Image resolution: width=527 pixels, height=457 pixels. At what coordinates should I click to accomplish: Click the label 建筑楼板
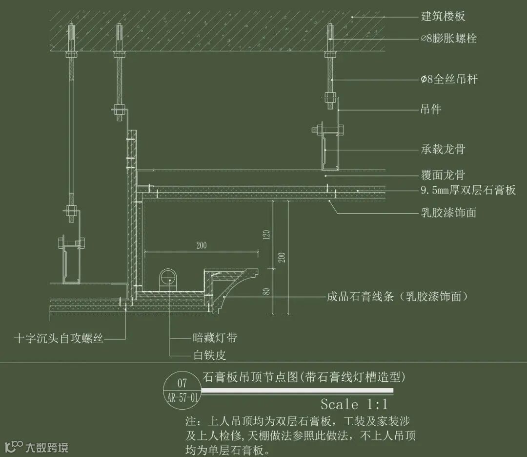pos(443,16)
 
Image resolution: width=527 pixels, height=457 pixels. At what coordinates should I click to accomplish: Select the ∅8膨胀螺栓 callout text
pos(448,38)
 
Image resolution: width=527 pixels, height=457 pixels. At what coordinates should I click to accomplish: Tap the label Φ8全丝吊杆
pos(448,79)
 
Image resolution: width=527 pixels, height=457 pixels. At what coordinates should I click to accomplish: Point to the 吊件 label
pos(431,109)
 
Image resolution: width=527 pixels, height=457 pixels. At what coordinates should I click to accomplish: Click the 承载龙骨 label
pos(443,149)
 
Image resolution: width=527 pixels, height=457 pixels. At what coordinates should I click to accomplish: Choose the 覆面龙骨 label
pos(443,174)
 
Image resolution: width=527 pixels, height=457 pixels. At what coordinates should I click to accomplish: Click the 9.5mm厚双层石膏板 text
pos(468,190)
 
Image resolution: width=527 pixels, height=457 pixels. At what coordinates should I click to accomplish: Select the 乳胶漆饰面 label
pos(448,212)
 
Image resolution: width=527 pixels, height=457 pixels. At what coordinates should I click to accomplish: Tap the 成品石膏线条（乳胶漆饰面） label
pos(397,296)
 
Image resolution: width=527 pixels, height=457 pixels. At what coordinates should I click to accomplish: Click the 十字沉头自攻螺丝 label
pos(59,338)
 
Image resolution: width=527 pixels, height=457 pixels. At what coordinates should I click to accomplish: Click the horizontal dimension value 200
pos(201,246)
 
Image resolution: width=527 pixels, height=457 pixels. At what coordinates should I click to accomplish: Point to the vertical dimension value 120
pos(266,236)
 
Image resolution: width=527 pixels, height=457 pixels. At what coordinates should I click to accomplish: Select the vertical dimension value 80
pos(266,291)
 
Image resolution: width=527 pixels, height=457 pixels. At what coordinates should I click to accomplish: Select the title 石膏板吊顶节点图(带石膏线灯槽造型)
pos(304,377)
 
